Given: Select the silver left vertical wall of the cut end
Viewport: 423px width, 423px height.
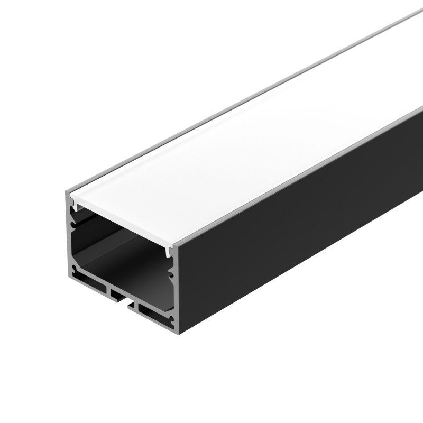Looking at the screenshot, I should [x=69, y=238].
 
